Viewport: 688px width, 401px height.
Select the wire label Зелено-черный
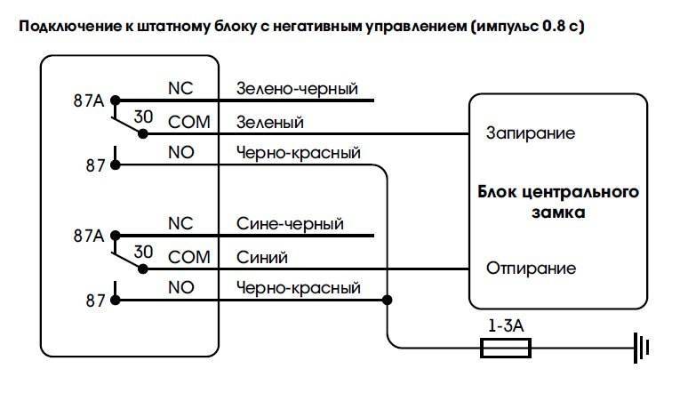click(297, 89)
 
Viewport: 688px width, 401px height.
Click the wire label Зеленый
click(270, 122)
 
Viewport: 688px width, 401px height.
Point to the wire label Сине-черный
click(290, 223)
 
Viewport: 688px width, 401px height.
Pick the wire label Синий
click(263, 256)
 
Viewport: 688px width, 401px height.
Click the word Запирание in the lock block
click(530, 133)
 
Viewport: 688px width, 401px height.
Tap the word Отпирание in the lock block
click(531, 268)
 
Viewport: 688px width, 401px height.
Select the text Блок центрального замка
click(559, 202)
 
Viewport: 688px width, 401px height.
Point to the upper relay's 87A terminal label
click(88, 100)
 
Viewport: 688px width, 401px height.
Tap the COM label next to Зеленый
click(188, 122)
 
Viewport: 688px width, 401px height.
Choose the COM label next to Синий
click(188, 256)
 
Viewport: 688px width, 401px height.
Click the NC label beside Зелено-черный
click(180, 89)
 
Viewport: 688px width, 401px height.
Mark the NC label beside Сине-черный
click(180, 223)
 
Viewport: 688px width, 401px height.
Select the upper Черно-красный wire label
click(299, 153)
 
